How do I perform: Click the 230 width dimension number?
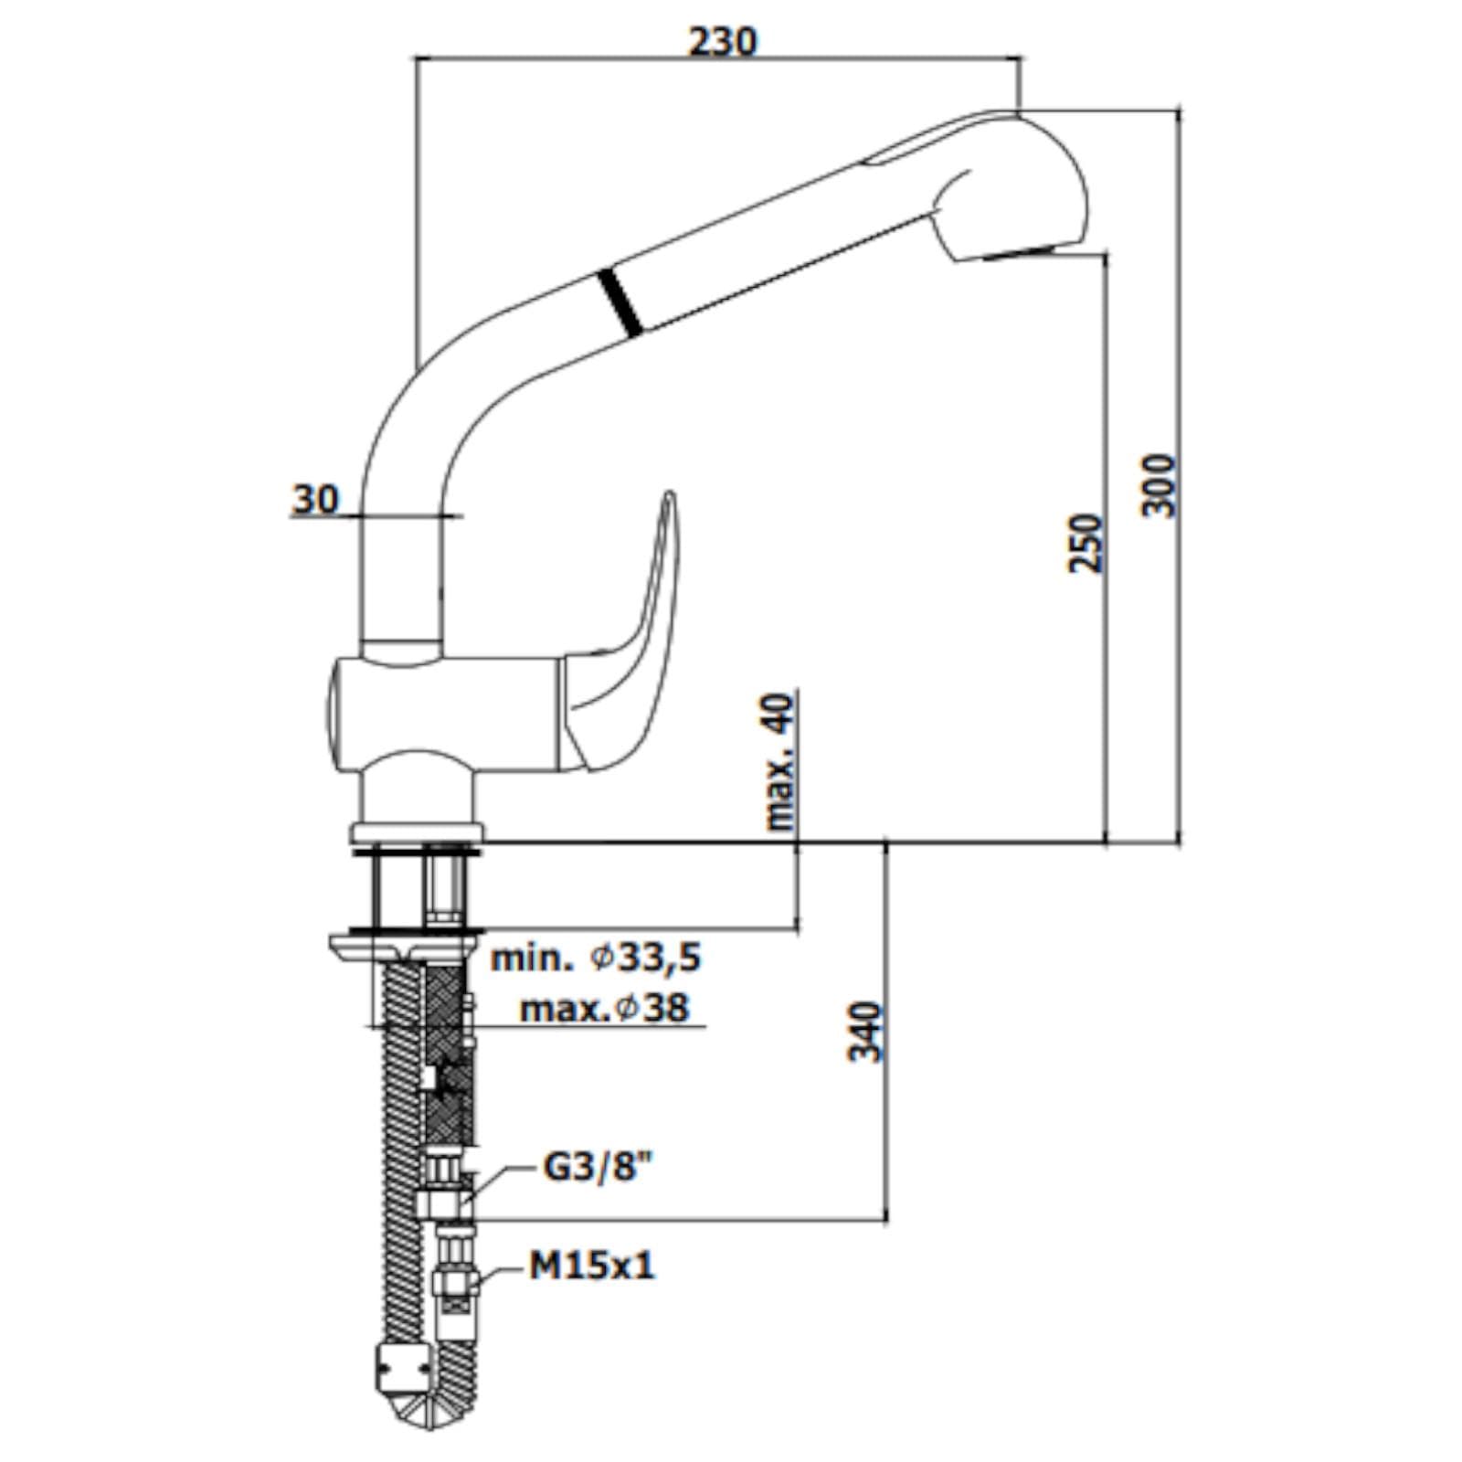coord(723,41)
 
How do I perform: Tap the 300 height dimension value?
coord(1160,484)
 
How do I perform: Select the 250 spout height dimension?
coord(1086,543)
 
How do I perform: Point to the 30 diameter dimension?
coord(315,499)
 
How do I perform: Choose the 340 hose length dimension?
coord(866,1032)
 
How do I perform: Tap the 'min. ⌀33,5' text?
coord(596,958)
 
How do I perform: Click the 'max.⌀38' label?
coord(604,1008)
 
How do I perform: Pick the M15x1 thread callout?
coord(592,1266)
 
